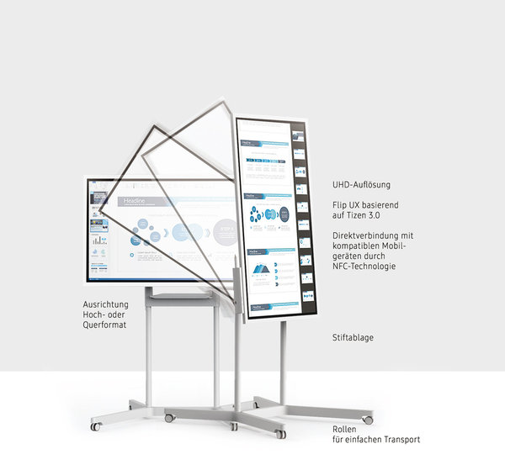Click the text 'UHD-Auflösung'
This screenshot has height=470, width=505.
coord(361,184)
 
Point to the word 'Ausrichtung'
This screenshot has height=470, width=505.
coord(106,304)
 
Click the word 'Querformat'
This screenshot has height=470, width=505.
coord(105,325)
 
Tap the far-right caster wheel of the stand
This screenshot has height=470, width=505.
coord(367,418)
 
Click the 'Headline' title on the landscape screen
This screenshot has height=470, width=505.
coord(135,202)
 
